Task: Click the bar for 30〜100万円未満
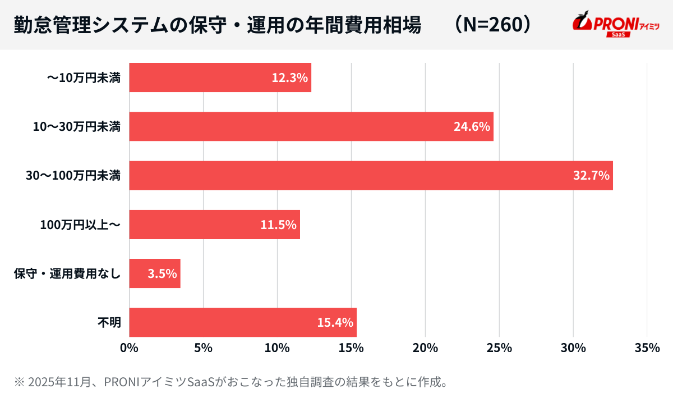370,175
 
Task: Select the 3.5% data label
162,273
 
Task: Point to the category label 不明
109,322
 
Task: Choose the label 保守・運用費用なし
67,274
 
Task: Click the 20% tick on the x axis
425,348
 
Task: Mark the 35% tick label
647,348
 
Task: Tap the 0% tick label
130,348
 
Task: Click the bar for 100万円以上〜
214,225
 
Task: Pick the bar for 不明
242,322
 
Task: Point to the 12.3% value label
289,78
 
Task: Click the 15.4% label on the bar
335,322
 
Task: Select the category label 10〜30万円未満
77,127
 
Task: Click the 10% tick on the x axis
277,348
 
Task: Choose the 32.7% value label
591,176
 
